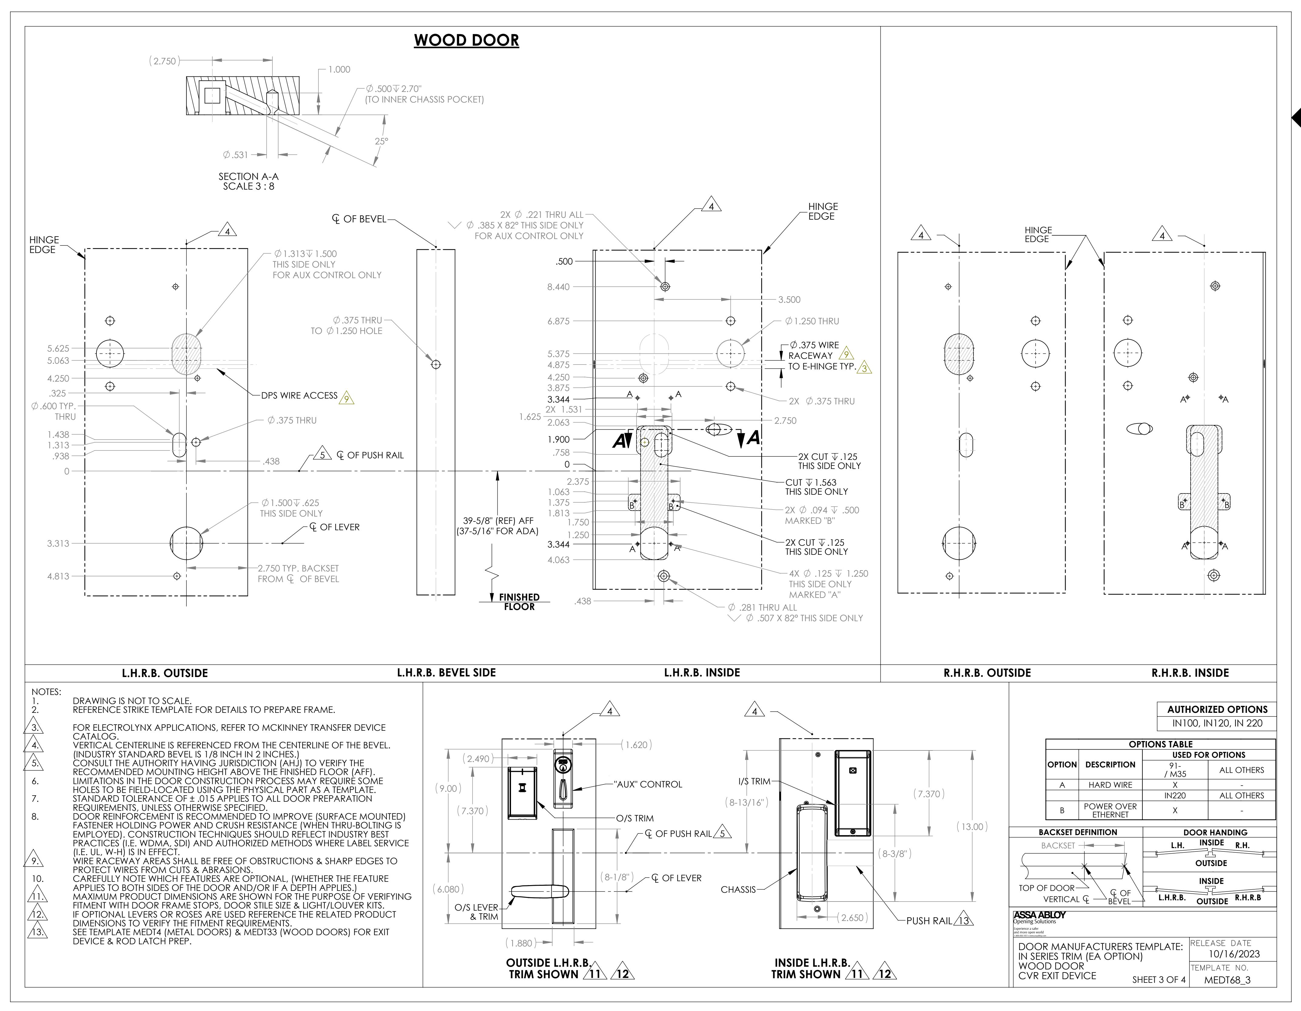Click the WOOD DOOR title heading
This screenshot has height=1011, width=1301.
tap(466, 41)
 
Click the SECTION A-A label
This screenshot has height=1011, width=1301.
tap(248, 176)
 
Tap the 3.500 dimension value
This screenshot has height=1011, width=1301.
tap(789, 300)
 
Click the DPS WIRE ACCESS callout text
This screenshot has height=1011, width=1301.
tap(299, 396)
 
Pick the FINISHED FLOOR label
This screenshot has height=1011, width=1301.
tap(519, 602)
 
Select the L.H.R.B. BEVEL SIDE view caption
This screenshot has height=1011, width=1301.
tap(446, 672)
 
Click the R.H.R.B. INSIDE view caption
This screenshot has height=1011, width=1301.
tap(1190, 672)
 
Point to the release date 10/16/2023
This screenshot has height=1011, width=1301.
tap(1234, 954)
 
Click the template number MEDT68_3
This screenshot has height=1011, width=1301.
tap(1227, 980)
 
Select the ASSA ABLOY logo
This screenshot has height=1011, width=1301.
tap(1040, 915)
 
